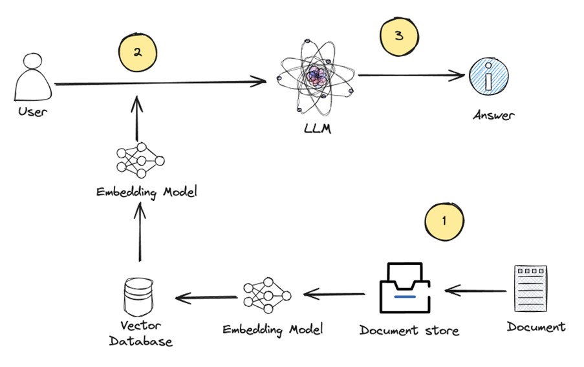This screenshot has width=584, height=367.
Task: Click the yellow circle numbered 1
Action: pos(444,220)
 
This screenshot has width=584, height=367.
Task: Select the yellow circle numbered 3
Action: pos(398,36)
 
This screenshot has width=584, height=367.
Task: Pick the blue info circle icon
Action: pos(489,78)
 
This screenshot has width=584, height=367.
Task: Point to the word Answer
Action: pos(493,116)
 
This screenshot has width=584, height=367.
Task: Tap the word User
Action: pos(33,112)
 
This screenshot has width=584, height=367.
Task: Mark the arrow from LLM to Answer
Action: pos(411,76)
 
